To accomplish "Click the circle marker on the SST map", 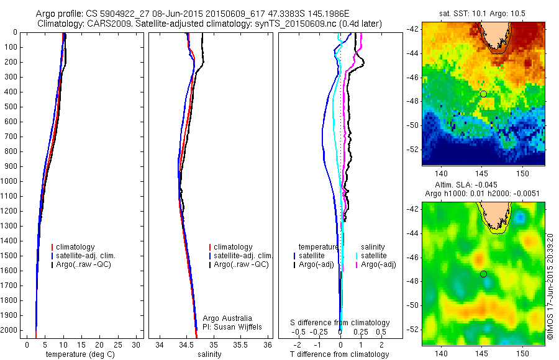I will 483,94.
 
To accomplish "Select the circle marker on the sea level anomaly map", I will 483,274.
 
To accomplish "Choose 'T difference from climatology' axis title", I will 340,354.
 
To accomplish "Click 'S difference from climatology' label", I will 340,323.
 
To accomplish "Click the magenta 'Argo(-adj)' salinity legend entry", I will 378,264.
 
